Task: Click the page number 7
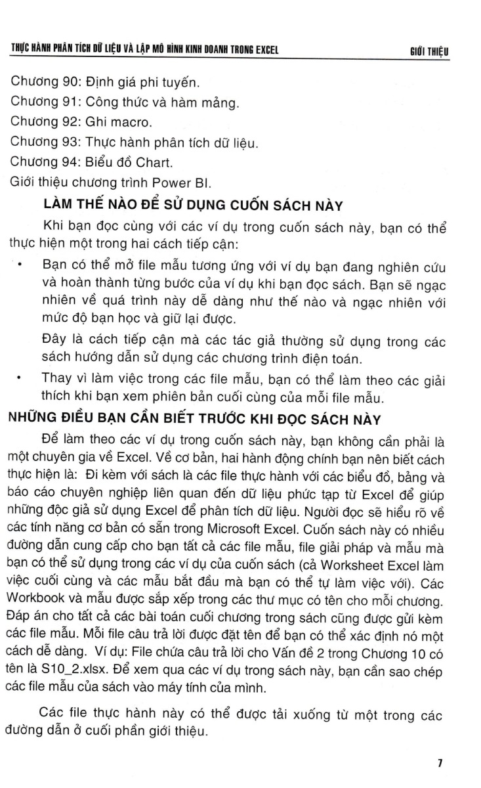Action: tap(440, 763)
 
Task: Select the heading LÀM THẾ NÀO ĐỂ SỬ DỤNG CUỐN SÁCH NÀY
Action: tap(193, 206)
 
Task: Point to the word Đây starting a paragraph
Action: tap(53, 340)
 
